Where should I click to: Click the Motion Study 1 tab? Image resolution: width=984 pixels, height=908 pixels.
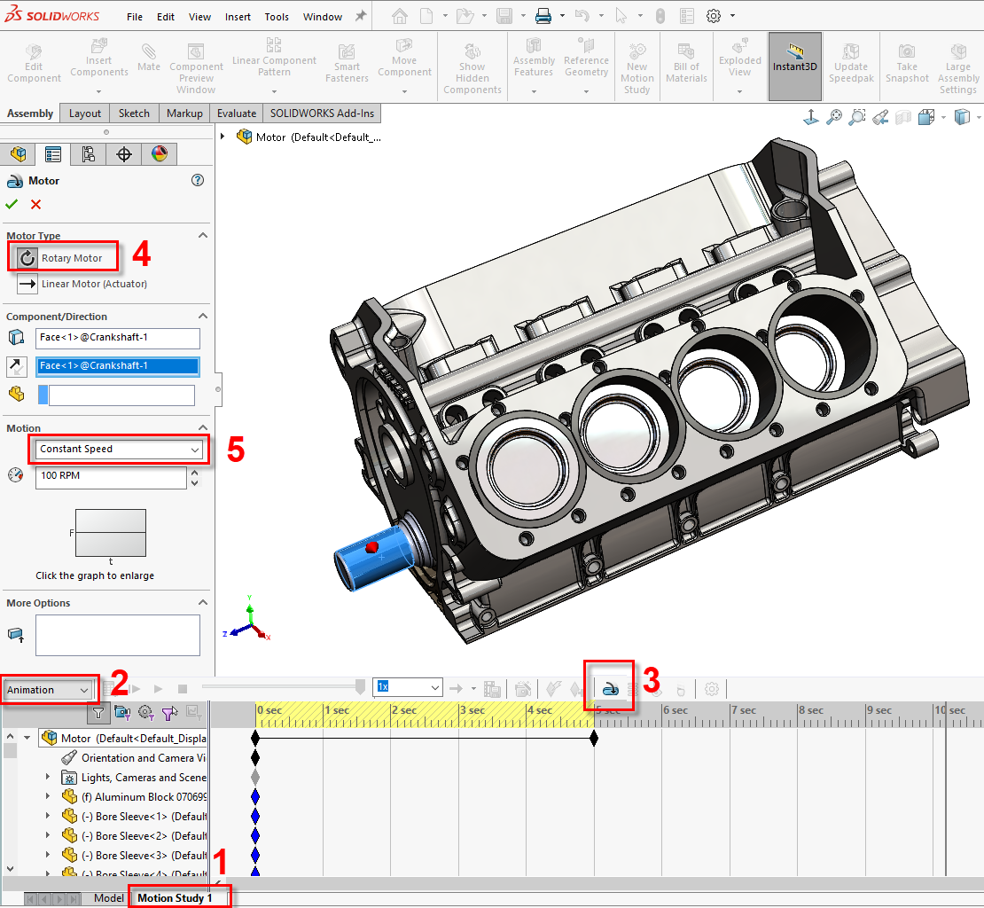(x=175, y=897)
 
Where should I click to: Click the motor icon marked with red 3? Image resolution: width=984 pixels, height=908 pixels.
(x=610, y=688)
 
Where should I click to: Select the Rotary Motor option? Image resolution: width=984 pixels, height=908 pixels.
(x=71, y=258)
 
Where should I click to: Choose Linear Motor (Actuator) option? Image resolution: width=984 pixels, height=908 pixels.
(x=93, y=284)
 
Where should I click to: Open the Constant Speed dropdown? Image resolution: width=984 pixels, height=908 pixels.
(x=119, y=449)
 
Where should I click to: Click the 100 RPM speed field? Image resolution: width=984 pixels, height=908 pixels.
(x=111, y=475)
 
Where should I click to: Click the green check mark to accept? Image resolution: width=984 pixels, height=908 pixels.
(x=12, y=204)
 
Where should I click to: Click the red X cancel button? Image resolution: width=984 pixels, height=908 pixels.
(x=35, y=204)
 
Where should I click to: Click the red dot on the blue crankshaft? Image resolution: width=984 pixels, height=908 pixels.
(x=373, y=547)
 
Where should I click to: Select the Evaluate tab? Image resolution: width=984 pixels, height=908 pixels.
(x=237, y=113)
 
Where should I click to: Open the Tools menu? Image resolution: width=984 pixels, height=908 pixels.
(x=277, y=17)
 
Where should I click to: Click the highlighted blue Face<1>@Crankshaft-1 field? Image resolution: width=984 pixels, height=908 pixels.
(x=118, y=365)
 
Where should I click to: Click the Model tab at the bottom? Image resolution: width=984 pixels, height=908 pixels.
(x=109, y=897)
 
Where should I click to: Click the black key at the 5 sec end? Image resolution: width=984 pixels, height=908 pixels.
(x=594, y=738)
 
